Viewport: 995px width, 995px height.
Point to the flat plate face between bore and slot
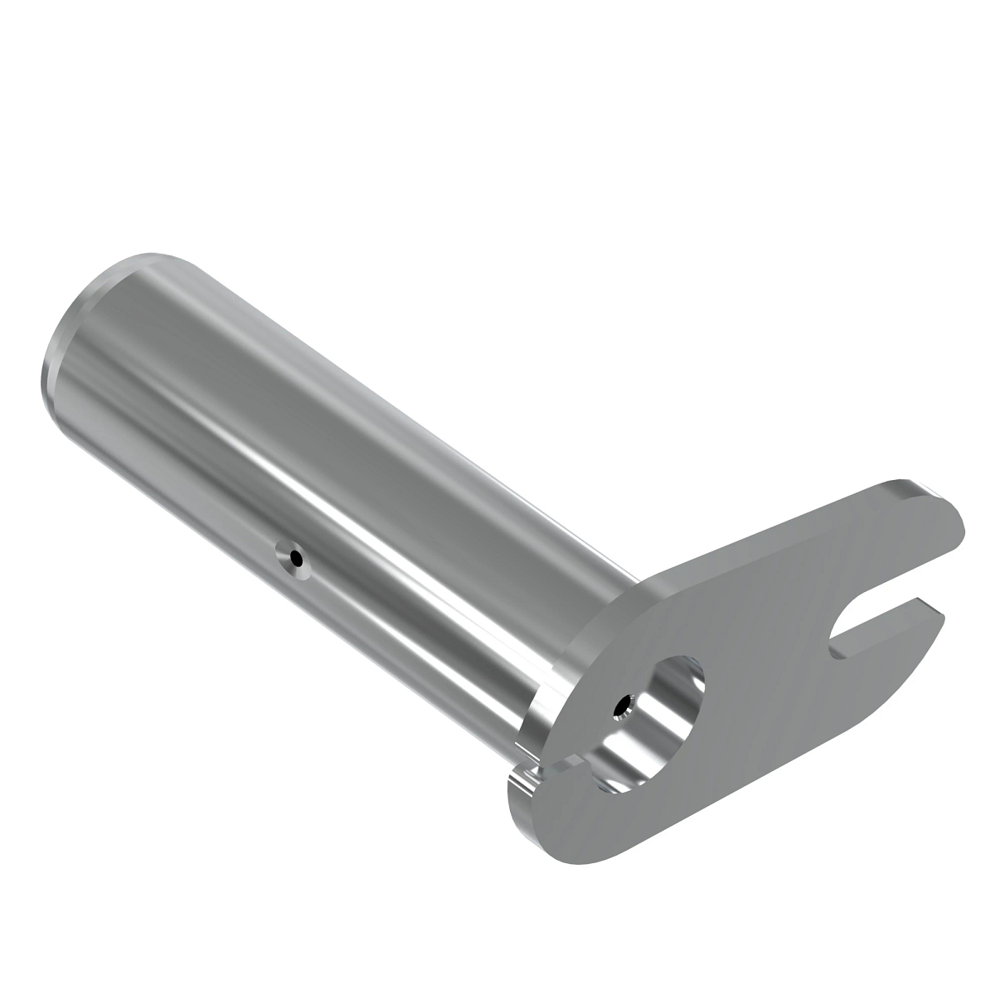763,655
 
